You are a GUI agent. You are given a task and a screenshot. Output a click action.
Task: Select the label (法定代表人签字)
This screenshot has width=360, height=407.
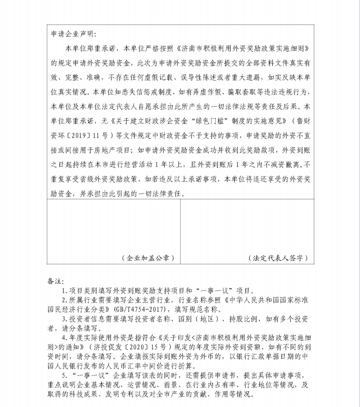point(278,258)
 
